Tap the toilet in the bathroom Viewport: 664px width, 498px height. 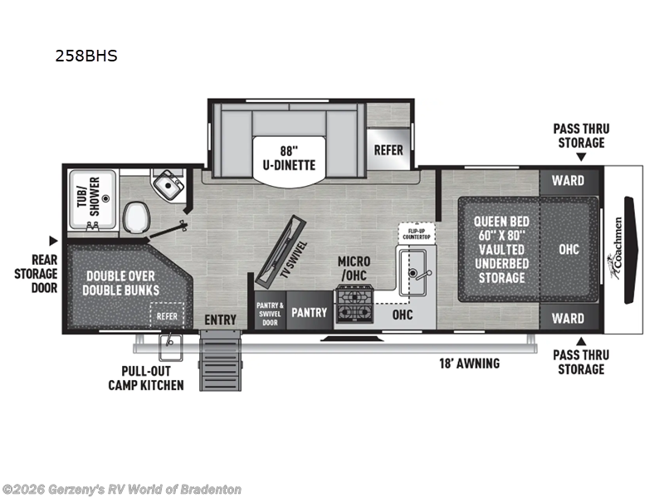click(135, 218)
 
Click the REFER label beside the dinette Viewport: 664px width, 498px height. click(388, 150)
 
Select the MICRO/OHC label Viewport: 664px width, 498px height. click(354, 268)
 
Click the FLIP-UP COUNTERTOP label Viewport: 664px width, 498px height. click(417, 232)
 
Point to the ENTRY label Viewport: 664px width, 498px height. click(220, 320)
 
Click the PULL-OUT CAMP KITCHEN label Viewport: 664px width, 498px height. click(146, 378)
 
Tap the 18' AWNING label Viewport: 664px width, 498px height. click(469, 363)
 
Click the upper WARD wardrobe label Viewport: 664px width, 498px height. click(568, 180)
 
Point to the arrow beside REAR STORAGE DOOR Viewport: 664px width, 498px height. click(54, 241)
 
